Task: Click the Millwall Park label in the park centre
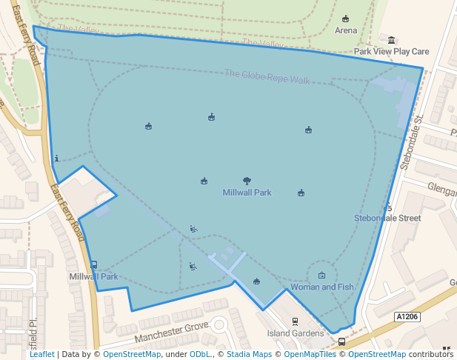click(x=247, y=193)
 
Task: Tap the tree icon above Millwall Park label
click(x=247, y=181)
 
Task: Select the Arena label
click(x=345, y=30)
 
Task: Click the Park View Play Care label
click(x=391, y=52)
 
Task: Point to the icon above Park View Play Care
click(x=391, y=40)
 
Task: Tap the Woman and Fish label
click(x=321, y=287)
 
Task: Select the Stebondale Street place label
click(x=387, y=218)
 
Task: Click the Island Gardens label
click(x=296, y=333)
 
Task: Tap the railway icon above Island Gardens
click(x=296, y=321)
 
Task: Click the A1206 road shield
click(x=407, y=316)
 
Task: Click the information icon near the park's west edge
click(x=57, y=158)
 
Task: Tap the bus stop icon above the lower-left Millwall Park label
click(x=93, y=264)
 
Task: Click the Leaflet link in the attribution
click(x=41, y=354)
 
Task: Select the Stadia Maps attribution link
click(x=248, y=354)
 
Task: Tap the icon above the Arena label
click(x=345, y=19)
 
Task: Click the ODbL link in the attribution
click(x=199, y=354)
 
